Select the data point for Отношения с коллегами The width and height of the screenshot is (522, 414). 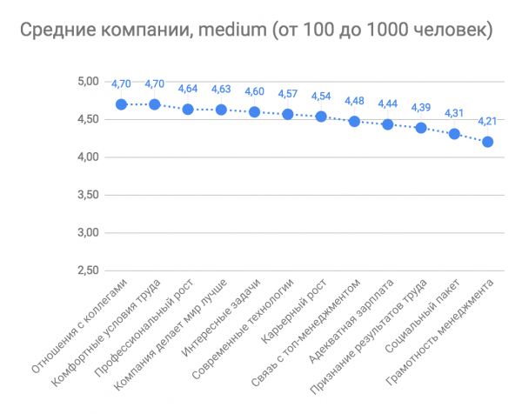(122, 104)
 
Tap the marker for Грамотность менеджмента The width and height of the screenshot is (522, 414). (487, 142)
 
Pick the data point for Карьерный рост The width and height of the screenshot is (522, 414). (321, 117)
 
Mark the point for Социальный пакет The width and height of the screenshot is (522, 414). (454, 134)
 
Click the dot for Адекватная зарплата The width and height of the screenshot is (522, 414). (388, 124)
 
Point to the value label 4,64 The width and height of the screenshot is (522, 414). (188, 89)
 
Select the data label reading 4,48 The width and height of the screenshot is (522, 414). (355, 101)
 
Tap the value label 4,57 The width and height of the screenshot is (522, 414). (288, 94)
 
